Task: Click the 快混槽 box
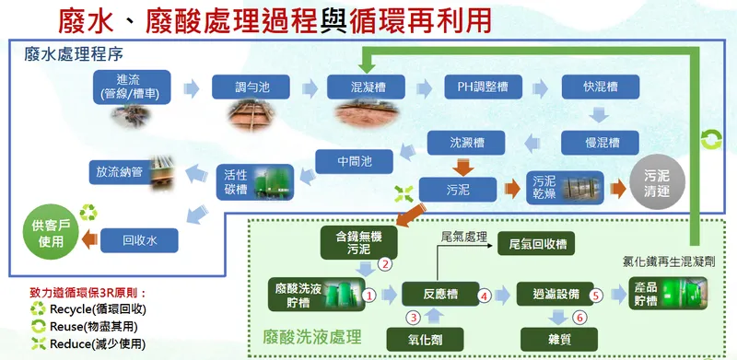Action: [x=594, y=87]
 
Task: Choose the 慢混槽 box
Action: [x=595, y=143]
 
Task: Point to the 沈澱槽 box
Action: [x=466, y=143]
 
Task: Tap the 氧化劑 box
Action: [x=439, y=338]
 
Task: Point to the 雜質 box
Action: [x=551, y=338]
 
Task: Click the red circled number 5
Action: [x=596, y=296]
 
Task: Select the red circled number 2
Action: [x=387, y=263]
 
